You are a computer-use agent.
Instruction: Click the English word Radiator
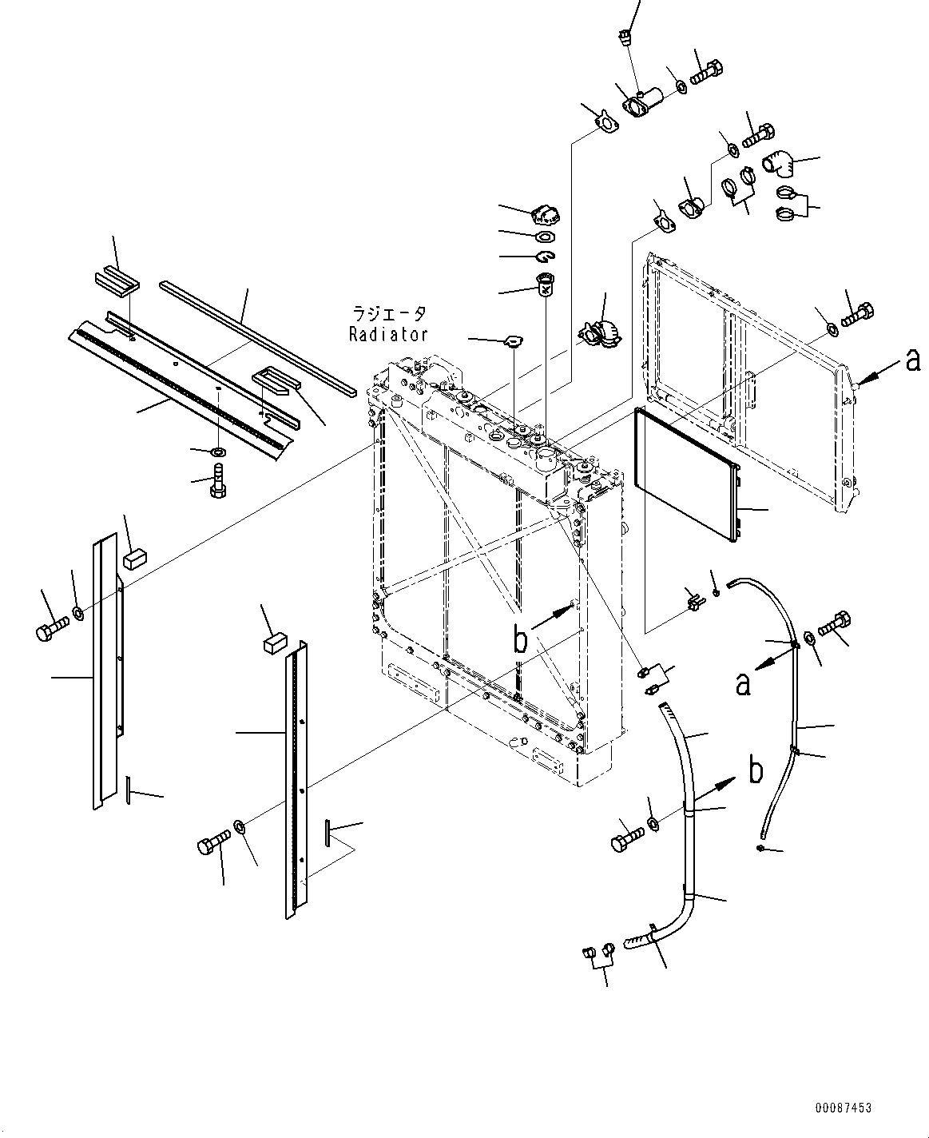[x=388, y=334]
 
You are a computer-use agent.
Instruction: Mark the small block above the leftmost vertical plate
[x=133, y=558]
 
